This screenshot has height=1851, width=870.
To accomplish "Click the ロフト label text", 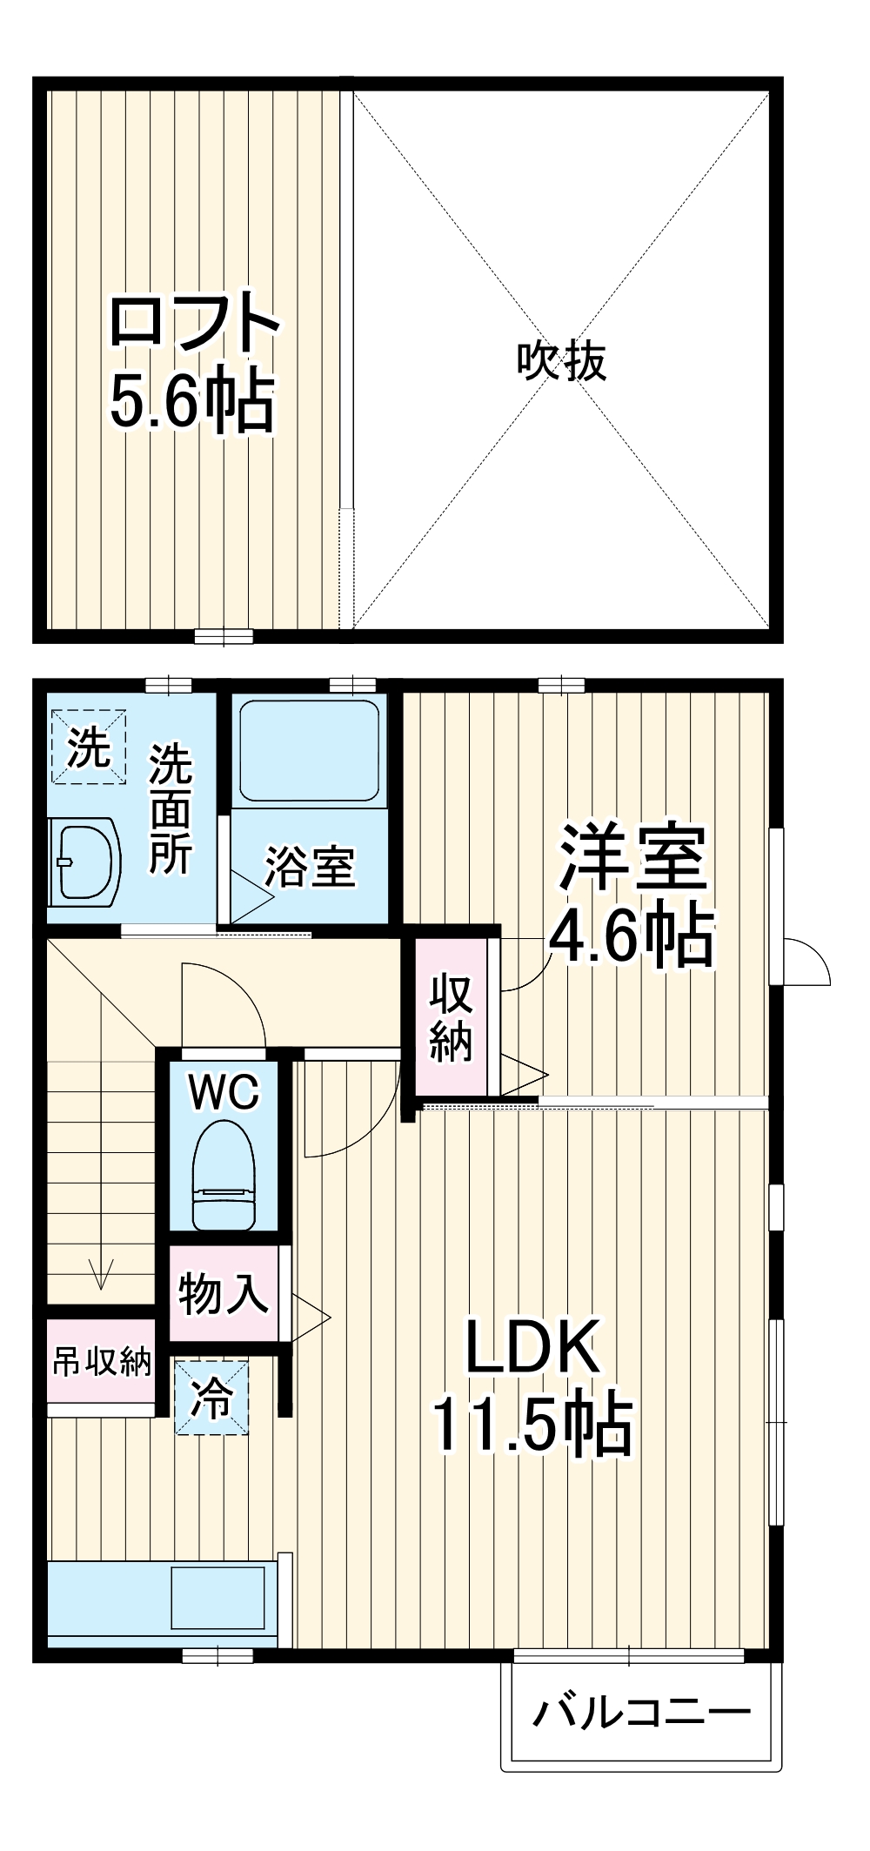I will tap(193, 323).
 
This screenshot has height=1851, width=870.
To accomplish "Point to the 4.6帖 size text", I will tap(632, 937).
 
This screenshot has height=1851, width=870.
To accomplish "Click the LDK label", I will tap(532, 1347).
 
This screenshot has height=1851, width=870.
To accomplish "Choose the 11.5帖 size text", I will tap(532, 1425).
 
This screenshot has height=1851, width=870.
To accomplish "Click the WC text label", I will tap(224, 1092).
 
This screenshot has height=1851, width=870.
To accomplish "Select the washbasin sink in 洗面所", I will tap(84, 861).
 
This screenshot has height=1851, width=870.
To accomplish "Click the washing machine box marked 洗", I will tap(88, 747).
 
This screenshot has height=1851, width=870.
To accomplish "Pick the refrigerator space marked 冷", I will tap(211, 1398).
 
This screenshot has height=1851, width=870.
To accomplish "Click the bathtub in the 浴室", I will tap(309, 749).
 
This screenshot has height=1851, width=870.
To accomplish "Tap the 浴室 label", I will tap(310, 867).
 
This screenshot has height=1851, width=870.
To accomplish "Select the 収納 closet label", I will tap(451, 1018).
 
